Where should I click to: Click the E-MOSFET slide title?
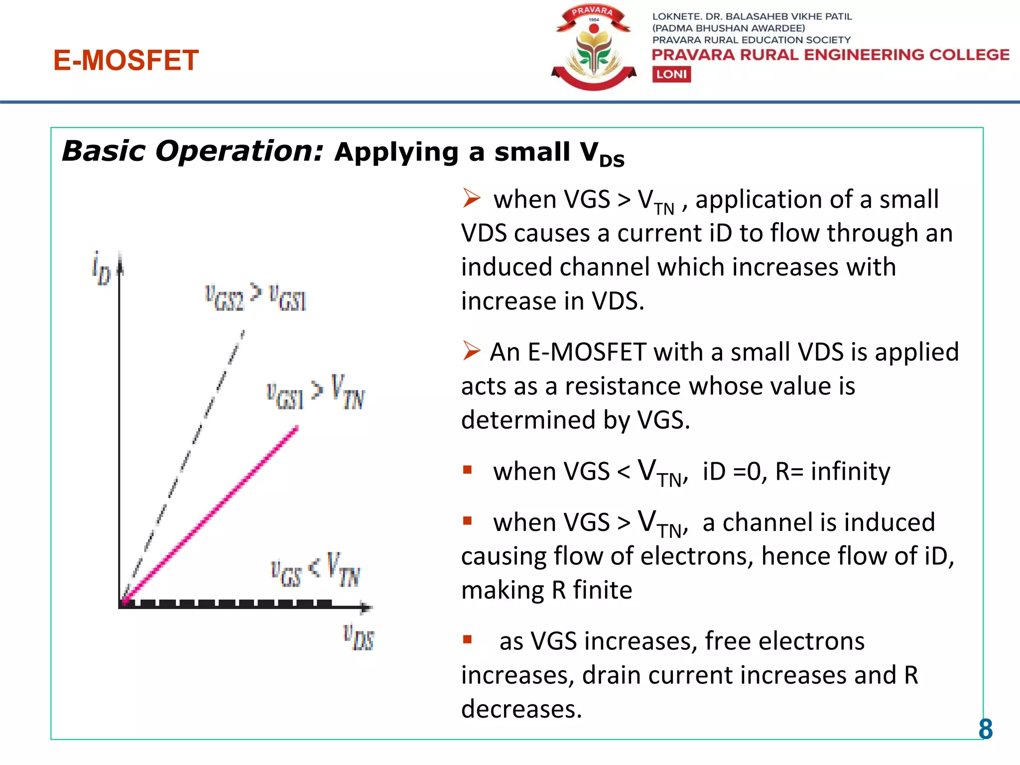tap(126, 60)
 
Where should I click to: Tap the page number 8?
tap(985, 729)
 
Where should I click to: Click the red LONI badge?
tap(671, 74)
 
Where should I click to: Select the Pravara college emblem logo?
tap(594, 48)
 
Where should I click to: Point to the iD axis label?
tap(101, 269)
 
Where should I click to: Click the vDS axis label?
tap(359, 637)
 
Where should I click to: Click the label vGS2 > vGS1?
tap(255, 298)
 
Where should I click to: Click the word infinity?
tap(850, 471)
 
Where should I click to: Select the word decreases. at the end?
tap(521, 709)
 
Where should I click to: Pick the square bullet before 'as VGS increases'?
tap(467, 639)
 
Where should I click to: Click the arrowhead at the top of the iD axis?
tap(120, 263)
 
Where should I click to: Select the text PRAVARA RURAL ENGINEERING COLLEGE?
tap(830, 55)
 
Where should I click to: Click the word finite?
tap(602, 590)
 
